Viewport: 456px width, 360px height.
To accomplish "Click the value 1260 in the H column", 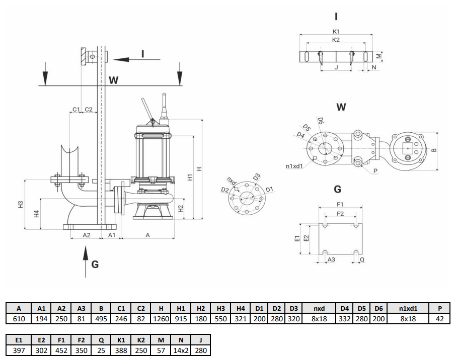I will (x=161, y=319).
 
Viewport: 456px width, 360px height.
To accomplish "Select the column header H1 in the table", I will (x=181, y=309).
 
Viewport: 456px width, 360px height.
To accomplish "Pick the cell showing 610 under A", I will (x=19, y=319).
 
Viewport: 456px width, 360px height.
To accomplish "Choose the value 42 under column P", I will (x=439, y=319).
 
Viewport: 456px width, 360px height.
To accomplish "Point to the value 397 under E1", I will (x=19, y=350).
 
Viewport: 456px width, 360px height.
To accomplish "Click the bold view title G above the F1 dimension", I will (x=338, y=189).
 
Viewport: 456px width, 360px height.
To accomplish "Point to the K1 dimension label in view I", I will (x=336, y=31).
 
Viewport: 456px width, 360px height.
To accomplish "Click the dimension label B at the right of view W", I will (x=434, y=150).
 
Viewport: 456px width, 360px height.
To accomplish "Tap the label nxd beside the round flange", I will (x=232, y=179).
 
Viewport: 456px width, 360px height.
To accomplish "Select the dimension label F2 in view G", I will (x=340, y=214).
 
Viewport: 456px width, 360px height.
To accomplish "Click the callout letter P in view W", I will (x=375, y=171).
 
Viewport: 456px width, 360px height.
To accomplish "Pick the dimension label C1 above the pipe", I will (x=75, y=109).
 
